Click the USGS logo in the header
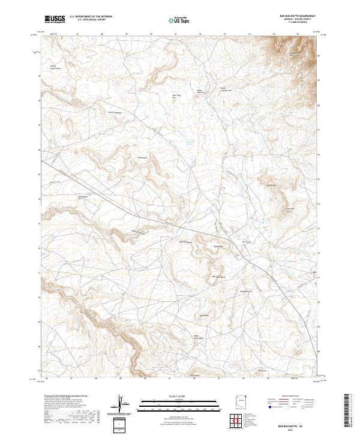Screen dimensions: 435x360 (x=55, y=19)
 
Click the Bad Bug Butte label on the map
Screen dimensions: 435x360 (x=186, y=242)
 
